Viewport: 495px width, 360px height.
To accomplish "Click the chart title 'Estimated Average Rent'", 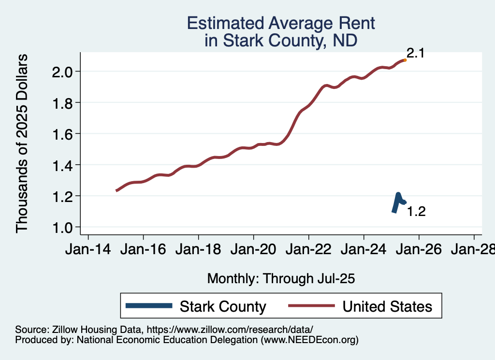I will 281,23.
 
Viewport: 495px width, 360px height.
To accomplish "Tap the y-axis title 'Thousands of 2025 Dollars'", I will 23,144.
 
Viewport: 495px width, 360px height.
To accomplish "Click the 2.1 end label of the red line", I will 415,53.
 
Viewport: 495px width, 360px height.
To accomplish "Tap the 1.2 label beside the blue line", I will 416,212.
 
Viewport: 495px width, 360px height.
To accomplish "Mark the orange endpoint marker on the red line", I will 405,60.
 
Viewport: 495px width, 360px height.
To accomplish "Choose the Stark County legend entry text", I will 223,306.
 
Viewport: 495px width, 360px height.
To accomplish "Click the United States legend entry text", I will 387,306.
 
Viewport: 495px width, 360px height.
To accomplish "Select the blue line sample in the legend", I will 149,306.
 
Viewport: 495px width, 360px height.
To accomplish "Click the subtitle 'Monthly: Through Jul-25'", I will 281,278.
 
